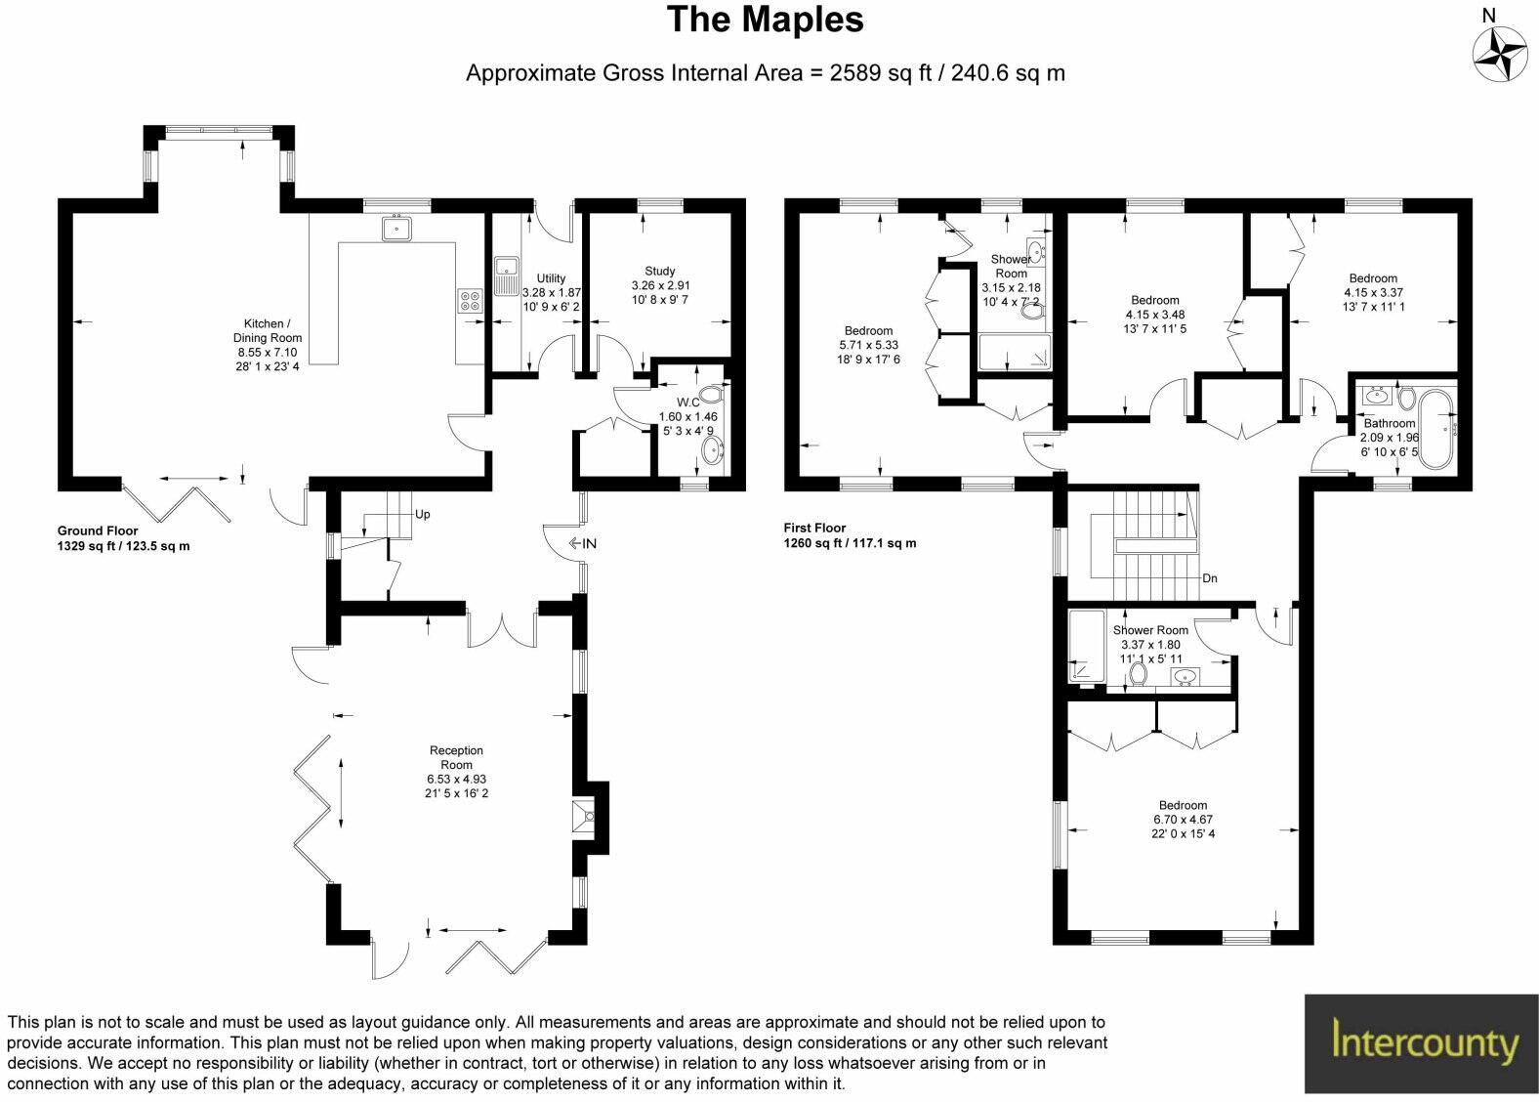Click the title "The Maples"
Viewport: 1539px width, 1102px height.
coord(765,21)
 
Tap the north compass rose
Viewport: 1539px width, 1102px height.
coord(1499,53)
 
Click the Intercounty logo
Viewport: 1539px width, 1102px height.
coord(1421,1042)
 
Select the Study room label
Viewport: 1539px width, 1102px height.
coord(660,272)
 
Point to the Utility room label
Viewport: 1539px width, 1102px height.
coord(551,278)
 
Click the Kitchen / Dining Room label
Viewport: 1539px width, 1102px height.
coord(264,330)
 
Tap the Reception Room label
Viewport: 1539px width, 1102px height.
coord(456,757)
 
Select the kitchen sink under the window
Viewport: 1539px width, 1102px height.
coord(397,230)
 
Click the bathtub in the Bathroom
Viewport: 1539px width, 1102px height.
coord(1438,428)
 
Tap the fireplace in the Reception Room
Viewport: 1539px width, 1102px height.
coord(585,817)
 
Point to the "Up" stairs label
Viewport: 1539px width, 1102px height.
coord(422,514)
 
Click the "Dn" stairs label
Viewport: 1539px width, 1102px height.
coord(1209,578)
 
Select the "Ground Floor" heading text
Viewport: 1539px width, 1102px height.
coord(97,531)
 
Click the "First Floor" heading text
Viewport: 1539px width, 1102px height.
coord(814,529)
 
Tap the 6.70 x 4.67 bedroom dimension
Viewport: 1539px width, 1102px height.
coord(1183,820)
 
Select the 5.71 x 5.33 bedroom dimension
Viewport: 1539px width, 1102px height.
coord(868,345)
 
